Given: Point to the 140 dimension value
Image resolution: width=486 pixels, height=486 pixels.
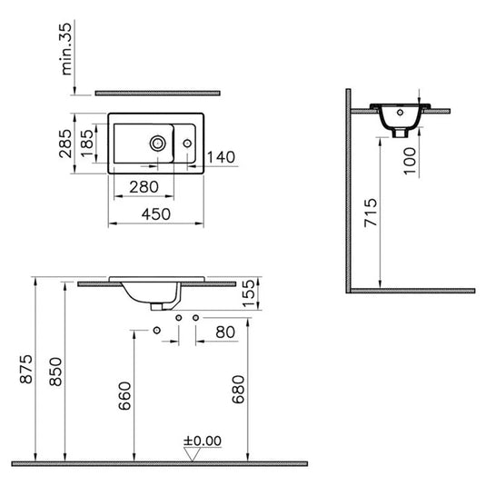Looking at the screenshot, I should [x=221, y=157].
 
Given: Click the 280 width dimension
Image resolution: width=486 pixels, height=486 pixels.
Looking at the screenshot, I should [x=144, y=187].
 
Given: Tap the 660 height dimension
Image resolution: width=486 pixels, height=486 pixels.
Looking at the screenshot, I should [x=124, y=399].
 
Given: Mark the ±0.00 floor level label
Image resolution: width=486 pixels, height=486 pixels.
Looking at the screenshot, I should [x=202, y=441].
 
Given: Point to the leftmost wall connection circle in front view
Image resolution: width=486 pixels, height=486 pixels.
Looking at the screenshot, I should [x=158, y=329].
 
